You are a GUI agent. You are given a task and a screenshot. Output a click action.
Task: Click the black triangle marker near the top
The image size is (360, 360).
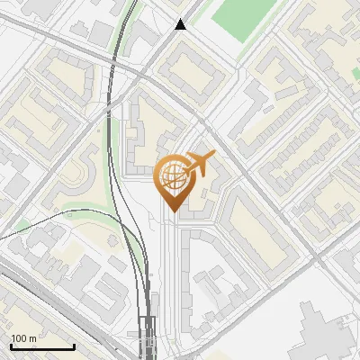(181, 24)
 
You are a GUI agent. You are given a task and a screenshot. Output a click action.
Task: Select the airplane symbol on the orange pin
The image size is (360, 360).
(200, 164)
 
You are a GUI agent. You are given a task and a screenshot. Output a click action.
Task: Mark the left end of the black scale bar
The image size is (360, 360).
(11, 346)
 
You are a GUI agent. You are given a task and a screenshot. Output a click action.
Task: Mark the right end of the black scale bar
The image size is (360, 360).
(74, 346)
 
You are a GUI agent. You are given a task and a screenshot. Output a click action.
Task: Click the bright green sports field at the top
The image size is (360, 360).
(244, 18)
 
